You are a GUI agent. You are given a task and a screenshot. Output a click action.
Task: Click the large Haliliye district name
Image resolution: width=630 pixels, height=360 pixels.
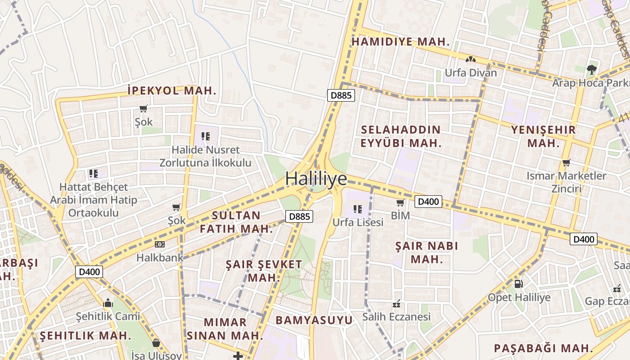[x=316, y=179]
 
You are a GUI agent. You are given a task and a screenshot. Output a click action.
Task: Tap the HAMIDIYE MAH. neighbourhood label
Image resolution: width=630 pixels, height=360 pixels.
[x=400, y=42]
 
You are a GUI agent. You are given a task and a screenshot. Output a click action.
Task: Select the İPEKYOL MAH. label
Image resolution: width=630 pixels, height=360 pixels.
[x=172, y=90]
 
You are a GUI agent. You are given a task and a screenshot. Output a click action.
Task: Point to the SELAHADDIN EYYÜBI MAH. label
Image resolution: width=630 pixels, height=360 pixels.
[x=400, y=137]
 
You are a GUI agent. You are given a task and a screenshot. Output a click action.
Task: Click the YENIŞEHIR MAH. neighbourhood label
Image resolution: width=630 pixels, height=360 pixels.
[x=543, y=137]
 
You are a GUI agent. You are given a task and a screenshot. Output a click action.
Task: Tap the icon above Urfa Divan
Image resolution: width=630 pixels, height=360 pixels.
[x=471, y=59]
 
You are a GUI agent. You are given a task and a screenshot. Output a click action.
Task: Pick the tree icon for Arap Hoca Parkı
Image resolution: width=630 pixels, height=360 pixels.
[x=591, y=70]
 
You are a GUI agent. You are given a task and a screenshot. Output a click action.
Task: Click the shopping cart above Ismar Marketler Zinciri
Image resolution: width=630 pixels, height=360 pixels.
[x=566, y=162]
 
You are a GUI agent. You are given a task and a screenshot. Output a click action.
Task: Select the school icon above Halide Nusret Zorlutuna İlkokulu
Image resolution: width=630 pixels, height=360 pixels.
[x=206, y=136]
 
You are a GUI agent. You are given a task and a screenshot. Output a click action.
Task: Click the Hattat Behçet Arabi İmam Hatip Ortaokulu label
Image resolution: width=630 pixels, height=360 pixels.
[x=94, y=200]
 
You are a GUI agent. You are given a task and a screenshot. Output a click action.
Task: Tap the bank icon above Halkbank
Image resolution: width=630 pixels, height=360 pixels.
[x=159, y=244]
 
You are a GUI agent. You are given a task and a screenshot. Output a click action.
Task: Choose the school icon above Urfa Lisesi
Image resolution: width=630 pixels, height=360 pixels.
[x=358, y=209]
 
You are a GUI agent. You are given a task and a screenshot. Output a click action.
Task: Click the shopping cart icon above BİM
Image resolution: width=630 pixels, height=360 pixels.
[x=400, y=203]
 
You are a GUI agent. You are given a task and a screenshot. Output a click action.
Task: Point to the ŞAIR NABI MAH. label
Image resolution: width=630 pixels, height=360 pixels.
[x=427, y=252]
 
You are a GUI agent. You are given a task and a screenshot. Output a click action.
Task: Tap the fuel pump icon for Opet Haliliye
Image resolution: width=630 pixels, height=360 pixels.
[x=518, y=284]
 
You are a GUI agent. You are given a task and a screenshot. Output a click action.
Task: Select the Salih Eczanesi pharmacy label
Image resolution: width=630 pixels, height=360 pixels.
[x=396, y=317]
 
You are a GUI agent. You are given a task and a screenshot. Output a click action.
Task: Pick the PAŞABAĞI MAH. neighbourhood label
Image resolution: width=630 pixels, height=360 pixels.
[x=544, y=348]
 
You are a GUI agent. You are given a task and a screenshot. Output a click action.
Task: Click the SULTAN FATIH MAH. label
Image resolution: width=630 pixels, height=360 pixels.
[x=236, y=222]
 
